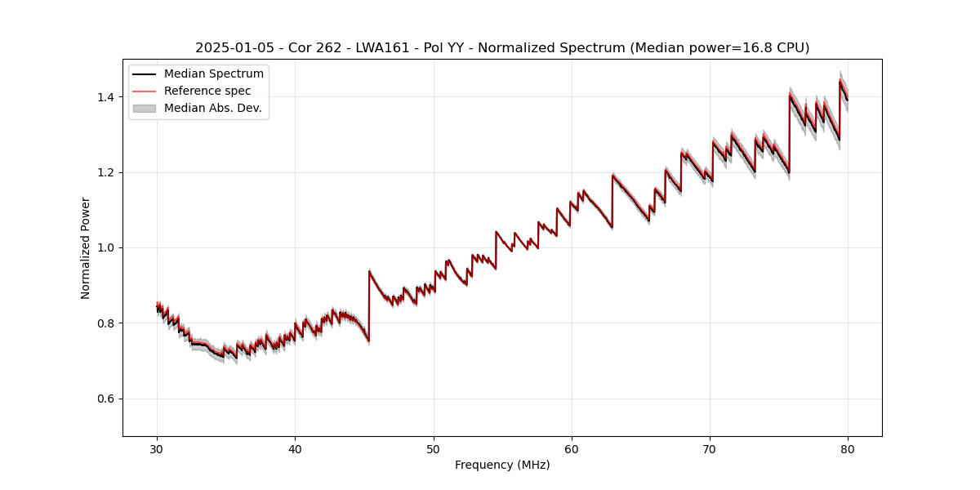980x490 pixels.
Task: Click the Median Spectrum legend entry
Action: click(x=213, y=74)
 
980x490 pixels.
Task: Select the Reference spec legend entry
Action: click(x=207, y=91)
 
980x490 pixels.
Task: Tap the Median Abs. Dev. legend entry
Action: click(x=212, y=108)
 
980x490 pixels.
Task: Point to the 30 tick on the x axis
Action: click(x=157, y=448)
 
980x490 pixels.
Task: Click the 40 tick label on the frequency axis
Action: click(x=295, y=448)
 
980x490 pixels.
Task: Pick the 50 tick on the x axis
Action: click(x=434, y=448)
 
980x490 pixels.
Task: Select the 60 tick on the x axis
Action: click(x=572, y=448)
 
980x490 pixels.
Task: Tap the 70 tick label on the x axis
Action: click(x=710, y=448)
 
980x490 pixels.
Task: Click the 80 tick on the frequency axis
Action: click(x=848, y=448)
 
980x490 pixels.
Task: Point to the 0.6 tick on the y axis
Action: click(x=108, y=399)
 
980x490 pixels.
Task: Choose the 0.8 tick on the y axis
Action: click(x=108, y=323)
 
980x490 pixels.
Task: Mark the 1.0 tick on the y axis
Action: click(x=108, y=247)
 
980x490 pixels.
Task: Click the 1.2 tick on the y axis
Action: click(x=108, y=172)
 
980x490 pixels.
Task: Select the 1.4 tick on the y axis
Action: click(x=108, y=97)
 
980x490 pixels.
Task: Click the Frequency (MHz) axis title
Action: click(x=502, y=465)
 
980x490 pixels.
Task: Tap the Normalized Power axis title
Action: click(x=86, y=247)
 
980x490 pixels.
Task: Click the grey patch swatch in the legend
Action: click(x=144, y=108)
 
